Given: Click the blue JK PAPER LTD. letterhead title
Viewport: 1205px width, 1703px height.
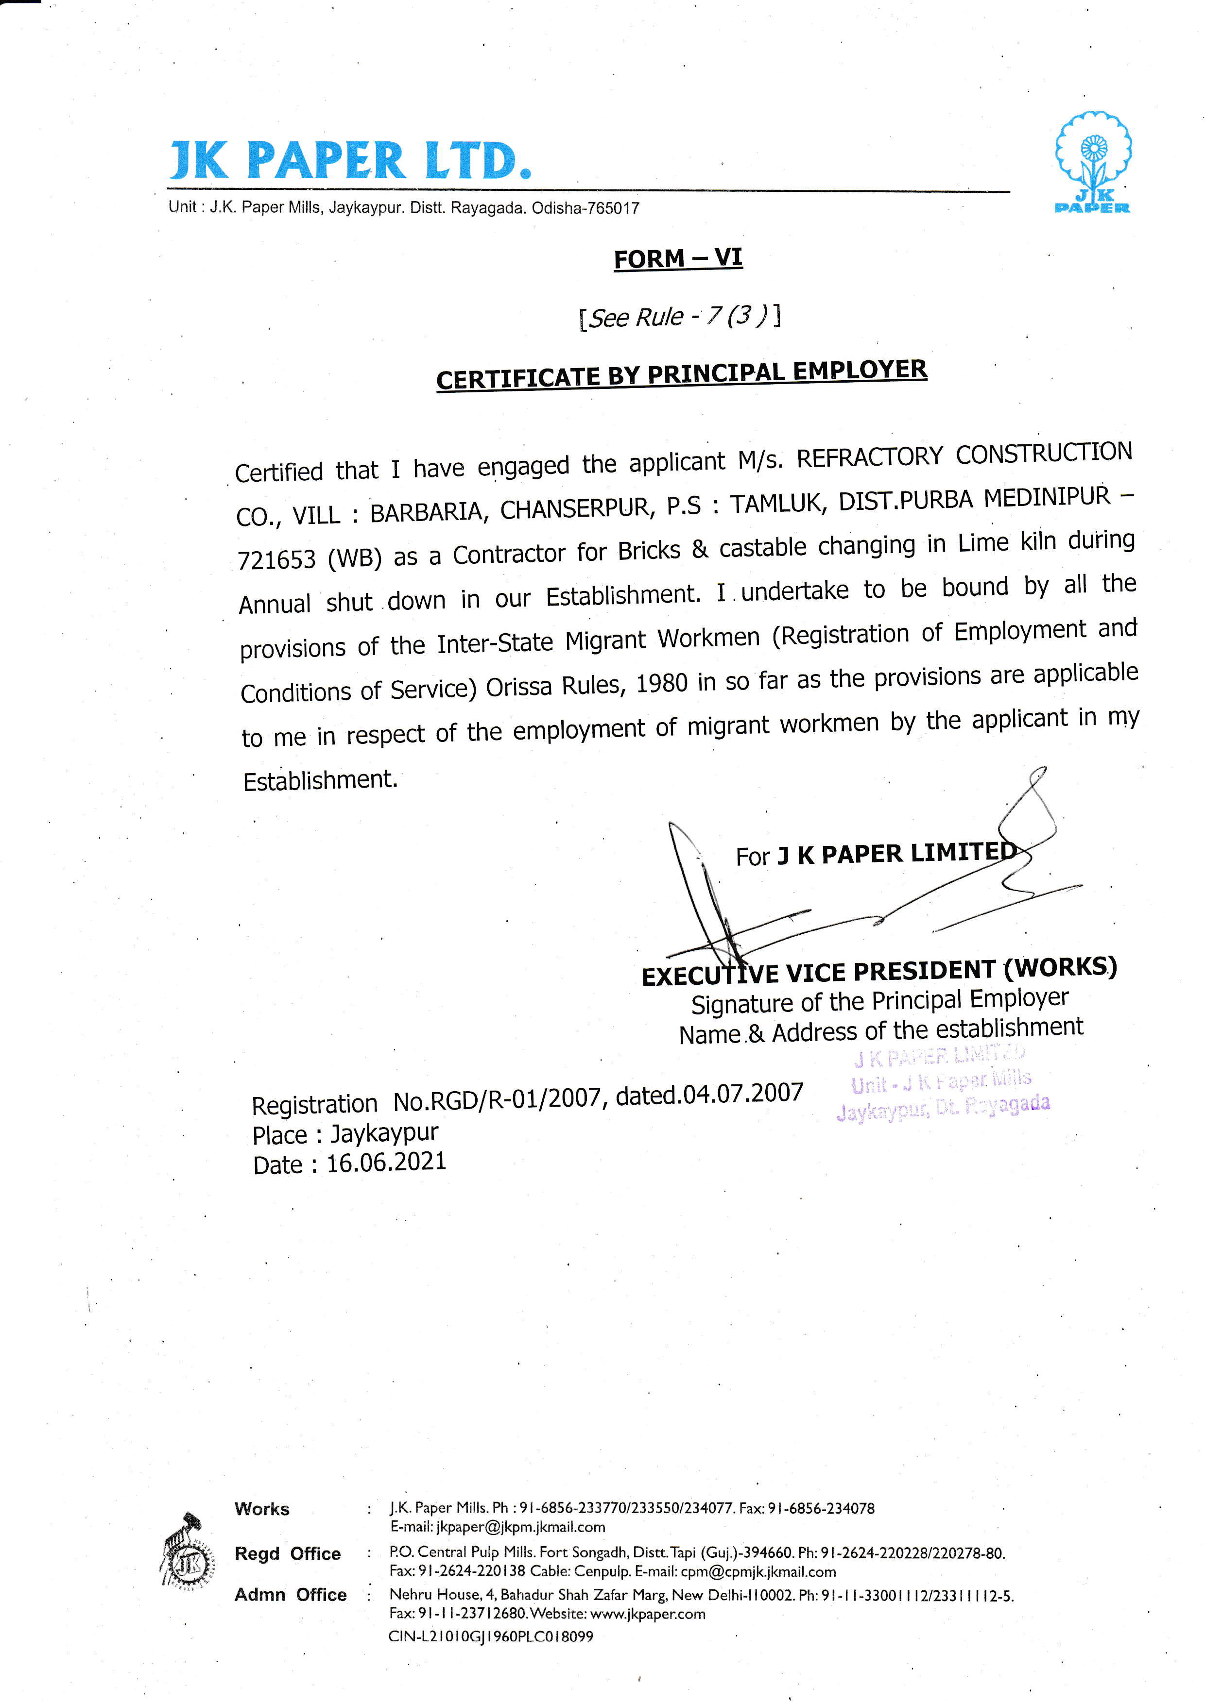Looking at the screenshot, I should pos(350,160).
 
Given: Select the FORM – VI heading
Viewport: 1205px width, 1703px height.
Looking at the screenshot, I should pos(677,258).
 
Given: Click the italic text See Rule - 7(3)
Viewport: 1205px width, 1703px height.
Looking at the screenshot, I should pos(679,317).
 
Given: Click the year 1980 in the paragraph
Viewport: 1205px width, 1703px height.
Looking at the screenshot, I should pos(662,682).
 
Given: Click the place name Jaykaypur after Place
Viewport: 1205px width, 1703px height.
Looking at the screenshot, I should pos(384,1132).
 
